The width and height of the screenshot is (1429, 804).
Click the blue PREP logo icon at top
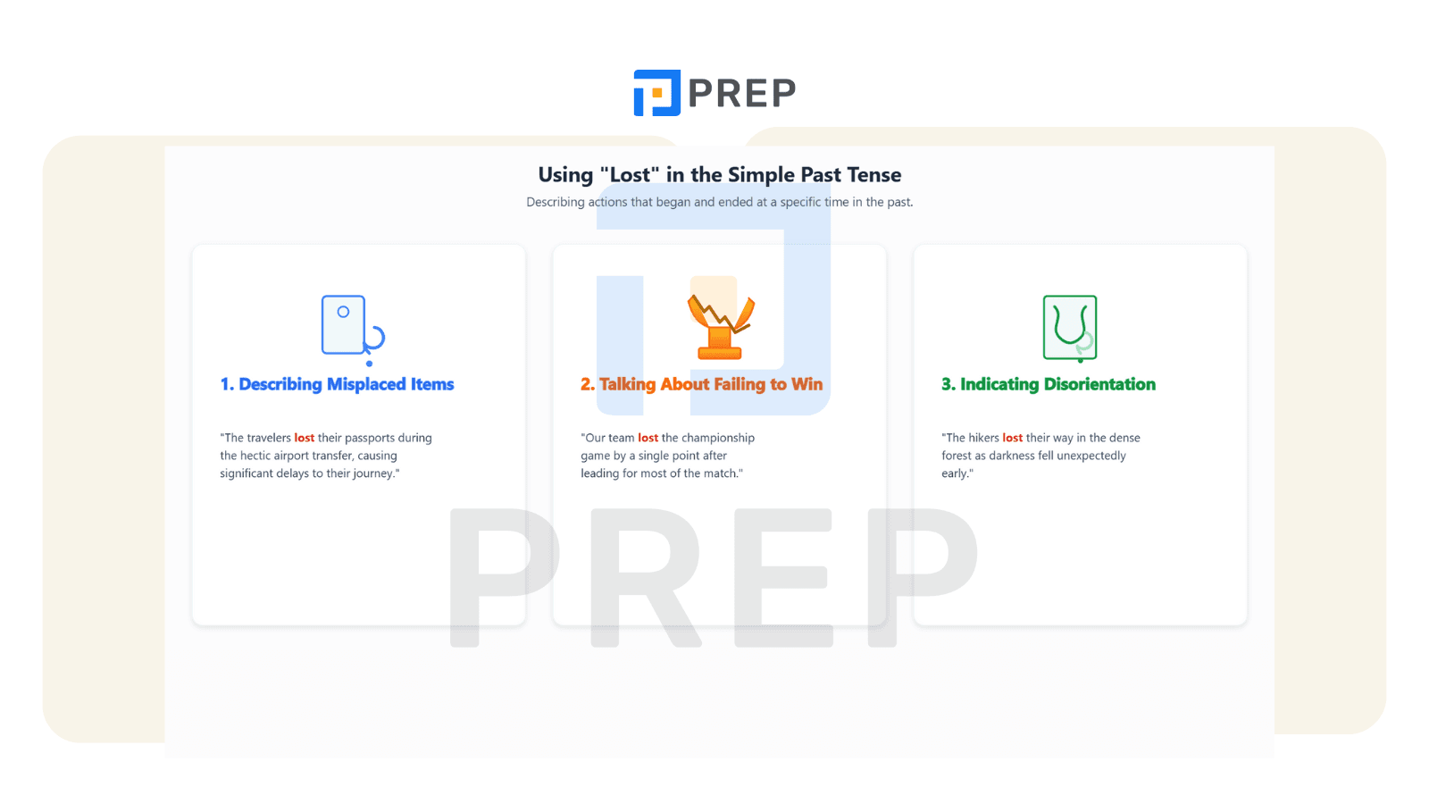click(656, 93)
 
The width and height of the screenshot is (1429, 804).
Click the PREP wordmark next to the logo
click(742, 93)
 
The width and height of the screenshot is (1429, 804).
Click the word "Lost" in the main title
click(630, 174)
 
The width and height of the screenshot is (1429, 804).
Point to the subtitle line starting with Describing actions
click(720, 202)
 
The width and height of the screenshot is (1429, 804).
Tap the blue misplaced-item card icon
click(353, 330)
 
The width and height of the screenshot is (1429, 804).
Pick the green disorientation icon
click(1070, 328)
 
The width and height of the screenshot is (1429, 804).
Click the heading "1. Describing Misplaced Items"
click(337, 384)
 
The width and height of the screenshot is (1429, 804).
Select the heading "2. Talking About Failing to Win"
click(701, 384)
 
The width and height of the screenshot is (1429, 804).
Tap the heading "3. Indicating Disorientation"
click(1049, 384)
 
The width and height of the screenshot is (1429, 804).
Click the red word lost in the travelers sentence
click(305, 438)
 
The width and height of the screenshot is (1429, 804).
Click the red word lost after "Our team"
click(648, 438)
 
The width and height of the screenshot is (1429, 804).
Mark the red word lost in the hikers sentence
click(1013, 438)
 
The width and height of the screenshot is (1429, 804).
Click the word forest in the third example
click(957, 456)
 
